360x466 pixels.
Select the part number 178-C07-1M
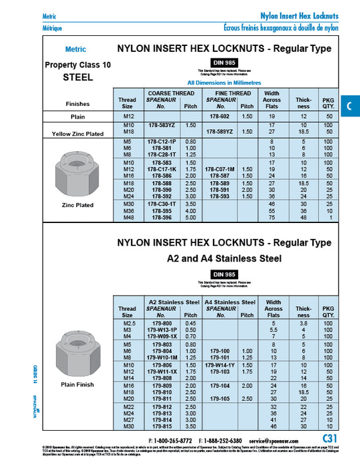[x=219, y=169]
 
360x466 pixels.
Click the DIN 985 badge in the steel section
[x=224, y=62]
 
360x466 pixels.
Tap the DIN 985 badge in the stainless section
[x=224, y=274]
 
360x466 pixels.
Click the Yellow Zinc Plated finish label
[x=78, y=134]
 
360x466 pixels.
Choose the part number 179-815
[x=162, y=425]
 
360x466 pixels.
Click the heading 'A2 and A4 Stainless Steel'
[x=224, y=258]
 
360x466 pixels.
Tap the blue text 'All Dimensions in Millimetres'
[x=224, y=82]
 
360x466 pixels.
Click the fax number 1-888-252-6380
[x=223, y=440]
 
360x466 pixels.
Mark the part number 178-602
[x=219, y=116]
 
